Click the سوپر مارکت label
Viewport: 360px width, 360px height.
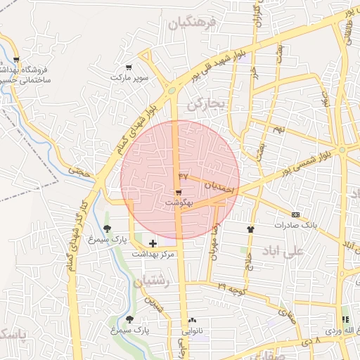coord(129,77)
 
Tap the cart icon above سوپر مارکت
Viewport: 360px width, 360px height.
coord(128,67)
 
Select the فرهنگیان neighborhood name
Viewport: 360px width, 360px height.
coord(190,24)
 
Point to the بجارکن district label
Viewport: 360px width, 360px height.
coord(205,104)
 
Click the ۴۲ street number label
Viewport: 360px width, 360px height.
coord(184,175)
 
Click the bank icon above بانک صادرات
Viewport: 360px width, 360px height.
coord(295,214)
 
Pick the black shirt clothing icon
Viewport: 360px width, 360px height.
coord(250,229)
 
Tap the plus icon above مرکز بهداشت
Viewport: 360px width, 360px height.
coord(153,243)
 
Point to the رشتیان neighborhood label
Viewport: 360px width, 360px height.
coord(151,282)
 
